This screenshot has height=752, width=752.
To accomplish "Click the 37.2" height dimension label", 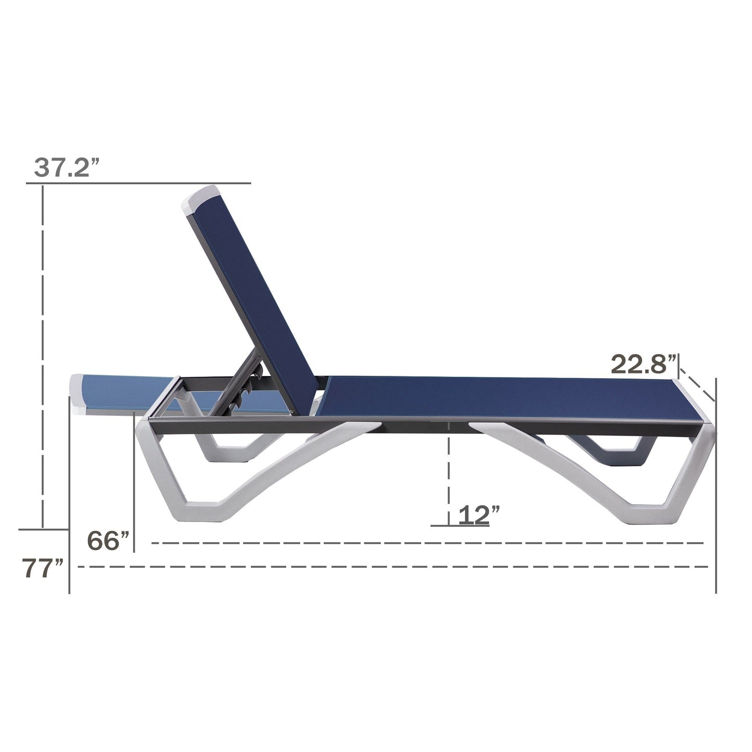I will click(x=66, y=168).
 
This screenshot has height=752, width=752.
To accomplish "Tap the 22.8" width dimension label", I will click(x=644, y=364).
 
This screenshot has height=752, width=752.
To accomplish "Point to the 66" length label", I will click(x=108, y=541).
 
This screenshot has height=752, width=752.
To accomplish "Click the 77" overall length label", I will click(x=43, y=568).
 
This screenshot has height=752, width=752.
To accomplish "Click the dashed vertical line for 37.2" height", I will click(x=43, y=354).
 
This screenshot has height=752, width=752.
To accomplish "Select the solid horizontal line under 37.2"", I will click(x=138, y=183).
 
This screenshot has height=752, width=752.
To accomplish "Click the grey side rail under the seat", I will click(x=416, y=427).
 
